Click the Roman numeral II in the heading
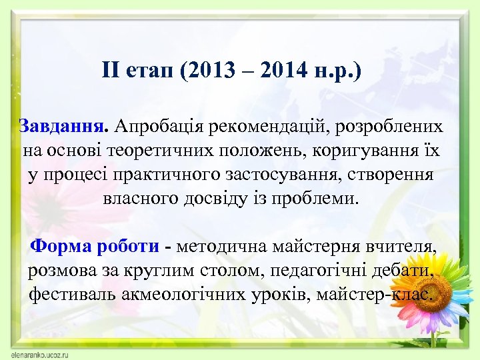pyautogui.click(x=111, y=69)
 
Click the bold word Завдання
pyautogui.click(x=64, y=126)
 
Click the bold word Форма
pyautogui.click(x=64, y=247)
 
